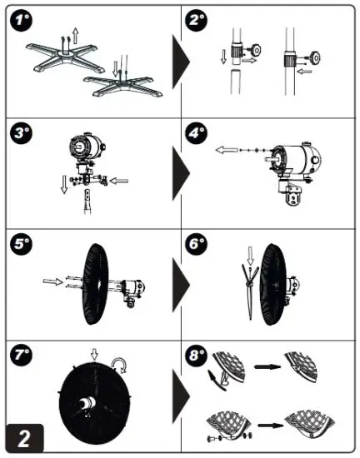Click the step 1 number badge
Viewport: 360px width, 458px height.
[x=21, y=20]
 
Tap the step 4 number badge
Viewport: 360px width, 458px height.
[x=197, y=133]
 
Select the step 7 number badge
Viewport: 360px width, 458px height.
[x=21, y=355]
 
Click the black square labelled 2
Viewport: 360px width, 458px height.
[x=24, y=438]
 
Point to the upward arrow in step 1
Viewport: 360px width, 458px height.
[x=75, y=36]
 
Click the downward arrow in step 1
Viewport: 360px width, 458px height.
[x=116, y=68]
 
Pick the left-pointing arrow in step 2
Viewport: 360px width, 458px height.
[x=304, y=72]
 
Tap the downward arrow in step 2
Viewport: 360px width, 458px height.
[x=224, y=57]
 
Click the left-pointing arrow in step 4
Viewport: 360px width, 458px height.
[x=227, y=150]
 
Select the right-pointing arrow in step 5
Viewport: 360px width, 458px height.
[x=52, y=281]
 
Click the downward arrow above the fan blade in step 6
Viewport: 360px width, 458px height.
[x=250, y=256]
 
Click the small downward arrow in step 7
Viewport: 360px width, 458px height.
[x=94, y=354]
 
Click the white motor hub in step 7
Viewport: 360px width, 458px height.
[x=87, y=404]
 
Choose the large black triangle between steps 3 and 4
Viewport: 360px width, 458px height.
[x=181, y=173]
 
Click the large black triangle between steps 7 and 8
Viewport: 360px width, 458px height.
[x=181, y=396]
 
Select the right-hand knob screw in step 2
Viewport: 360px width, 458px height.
[x=316, y=57]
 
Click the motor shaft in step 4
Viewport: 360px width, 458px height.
[x=270, y=160]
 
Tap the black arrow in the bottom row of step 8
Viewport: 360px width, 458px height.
[x=270, y=426]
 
